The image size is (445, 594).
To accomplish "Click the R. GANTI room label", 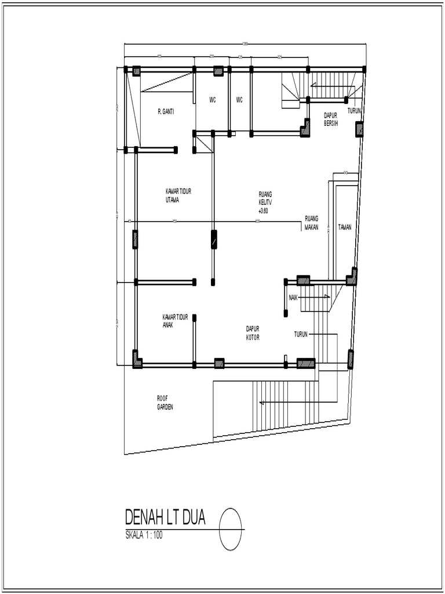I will pos(166,111).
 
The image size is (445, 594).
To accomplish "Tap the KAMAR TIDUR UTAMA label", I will pos(178,195).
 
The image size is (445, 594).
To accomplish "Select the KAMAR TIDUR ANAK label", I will pos(175,321).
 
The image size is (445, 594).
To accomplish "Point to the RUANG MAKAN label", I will pos(312,223).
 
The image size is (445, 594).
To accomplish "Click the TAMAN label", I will pos(345,227).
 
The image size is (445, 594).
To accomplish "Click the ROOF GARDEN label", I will pos(165,403).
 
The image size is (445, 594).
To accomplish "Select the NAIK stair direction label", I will pos(293,298).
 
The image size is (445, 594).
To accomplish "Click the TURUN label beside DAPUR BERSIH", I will pos(355,110).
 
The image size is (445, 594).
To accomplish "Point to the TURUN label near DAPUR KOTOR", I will pos(301,334).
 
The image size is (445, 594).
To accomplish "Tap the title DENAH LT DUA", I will pos(165,517).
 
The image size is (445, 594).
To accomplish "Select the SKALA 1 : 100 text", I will pos(144,535).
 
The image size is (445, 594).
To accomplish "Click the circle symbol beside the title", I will pos(231,529).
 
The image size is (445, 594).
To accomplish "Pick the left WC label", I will pos(213,100).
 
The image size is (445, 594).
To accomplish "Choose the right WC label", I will pos(239,100).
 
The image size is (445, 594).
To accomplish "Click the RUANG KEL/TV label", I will pos(266,198).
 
